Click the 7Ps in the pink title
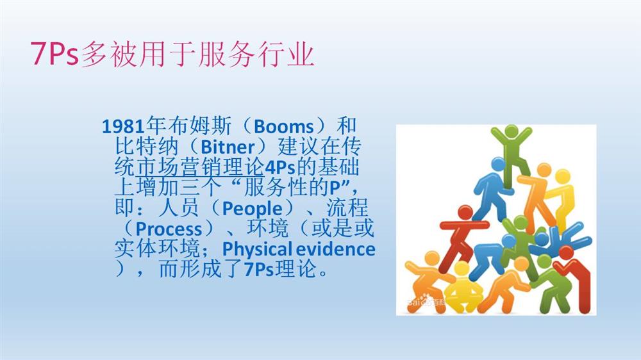54,54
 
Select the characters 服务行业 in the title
256,54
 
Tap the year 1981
123,127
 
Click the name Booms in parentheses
283,127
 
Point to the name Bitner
228,147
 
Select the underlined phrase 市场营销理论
199,167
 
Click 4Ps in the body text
280,168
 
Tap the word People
252,209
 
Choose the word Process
169,229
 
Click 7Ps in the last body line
259,270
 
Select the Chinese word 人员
178,208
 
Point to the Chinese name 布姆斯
199,126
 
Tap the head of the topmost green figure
511,131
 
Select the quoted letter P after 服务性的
335,188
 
